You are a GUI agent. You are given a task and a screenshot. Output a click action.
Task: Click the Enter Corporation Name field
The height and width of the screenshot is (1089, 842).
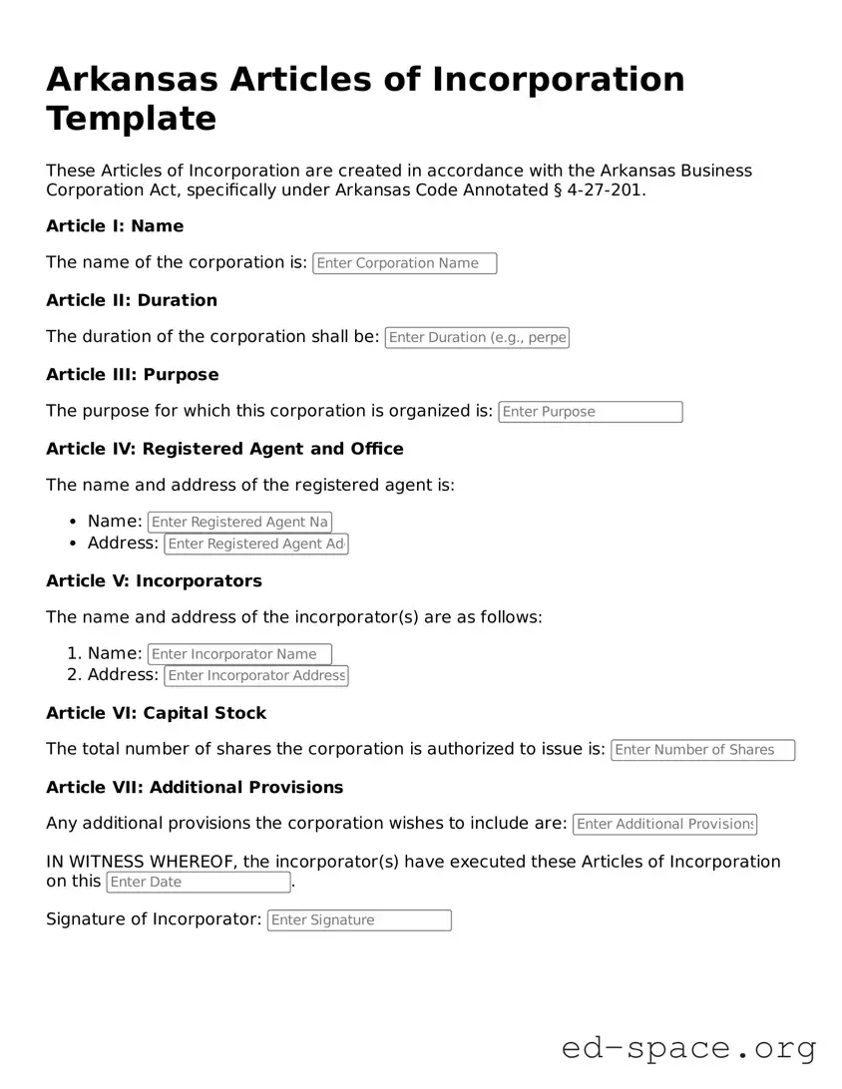point(404,263)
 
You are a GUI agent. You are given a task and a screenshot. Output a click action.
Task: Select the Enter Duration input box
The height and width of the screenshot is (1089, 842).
point(477,337)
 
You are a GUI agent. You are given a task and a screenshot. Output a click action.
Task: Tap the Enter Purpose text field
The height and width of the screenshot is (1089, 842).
point(590,412)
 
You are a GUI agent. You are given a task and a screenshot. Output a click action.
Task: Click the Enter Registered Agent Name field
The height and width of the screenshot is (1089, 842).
point(239,522)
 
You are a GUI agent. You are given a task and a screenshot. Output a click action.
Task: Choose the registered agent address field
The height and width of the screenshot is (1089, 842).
point(256,544)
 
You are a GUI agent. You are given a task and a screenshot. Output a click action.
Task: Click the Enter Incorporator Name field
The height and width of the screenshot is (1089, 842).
point(239,654)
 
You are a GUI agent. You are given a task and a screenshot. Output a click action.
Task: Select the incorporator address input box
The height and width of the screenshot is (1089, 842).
point(256,675)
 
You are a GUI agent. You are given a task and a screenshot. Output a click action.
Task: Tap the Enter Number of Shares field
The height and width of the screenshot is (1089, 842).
point(702,750)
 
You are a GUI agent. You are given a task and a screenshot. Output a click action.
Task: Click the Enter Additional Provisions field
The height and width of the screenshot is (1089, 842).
point(664,824)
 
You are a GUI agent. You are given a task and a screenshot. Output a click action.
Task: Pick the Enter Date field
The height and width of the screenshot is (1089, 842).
point(198,882)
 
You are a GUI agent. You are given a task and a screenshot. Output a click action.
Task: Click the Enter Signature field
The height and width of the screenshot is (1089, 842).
point(359,920)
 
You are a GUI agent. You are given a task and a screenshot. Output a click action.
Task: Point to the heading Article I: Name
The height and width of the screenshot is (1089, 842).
point(115,226)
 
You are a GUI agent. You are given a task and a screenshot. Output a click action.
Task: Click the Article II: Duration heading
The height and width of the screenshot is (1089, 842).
point(132,300)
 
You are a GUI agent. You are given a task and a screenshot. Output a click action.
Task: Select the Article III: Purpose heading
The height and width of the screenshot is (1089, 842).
point(133,375)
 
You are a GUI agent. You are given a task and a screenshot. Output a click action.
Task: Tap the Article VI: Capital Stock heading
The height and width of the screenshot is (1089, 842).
point(157,713)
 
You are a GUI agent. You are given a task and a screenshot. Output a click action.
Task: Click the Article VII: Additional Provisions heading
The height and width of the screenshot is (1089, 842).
point(195,787)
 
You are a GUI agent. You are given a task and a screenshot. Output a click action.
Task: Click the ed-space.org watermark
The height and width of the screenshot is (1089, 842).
point(688,1048)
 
